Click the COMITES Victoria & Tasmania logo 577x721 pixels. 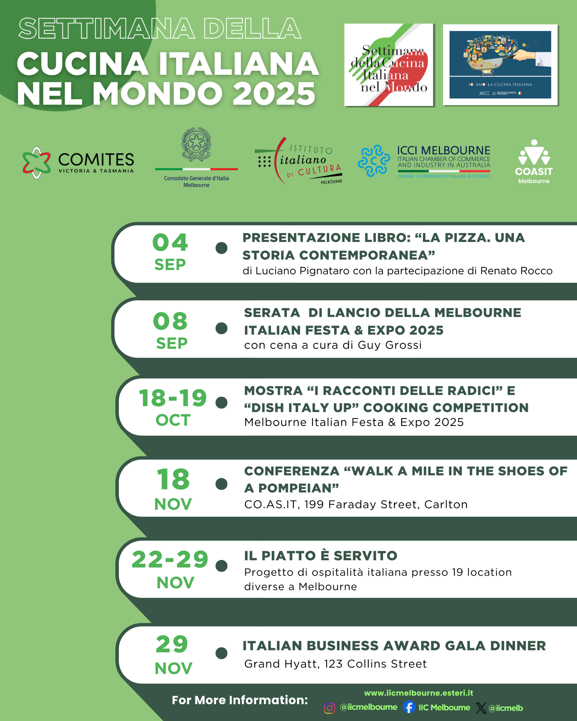78,163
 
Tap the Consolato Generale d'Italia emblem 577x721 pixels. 196,145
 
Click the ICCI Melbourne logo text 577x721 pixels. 443,151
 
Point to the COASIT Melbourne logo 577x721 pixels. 533,162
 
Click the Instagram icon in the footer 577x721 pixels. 329,708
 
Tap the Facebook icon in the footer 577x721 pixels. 409,707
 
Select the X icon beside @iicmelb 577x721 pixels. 481,708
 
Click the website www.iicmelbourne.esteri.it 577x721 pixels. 418,693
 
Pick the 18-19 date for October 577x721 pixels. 173,398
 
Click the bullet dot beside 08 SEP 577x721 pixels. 221,328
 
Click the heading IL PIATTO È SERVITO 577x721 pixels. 320,556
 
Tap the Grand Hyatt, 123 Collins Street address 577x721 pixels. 335,664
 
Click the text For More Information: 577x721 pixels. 240,700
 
